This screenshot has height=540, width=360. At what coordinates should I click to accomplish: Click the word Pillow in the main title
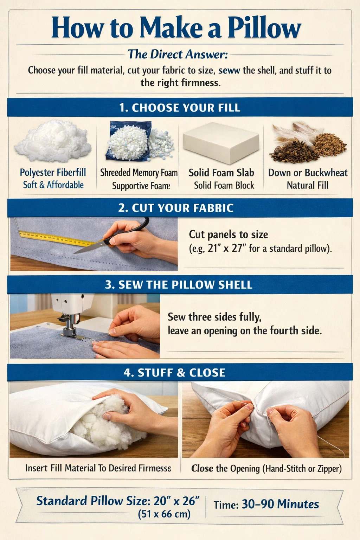(264, 28)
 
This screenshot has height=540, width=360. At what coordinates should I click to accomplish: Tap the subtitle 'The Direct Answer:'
(178, 54)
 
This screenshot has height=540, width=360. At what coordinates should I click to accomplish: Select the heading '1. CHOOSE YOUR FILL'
(180, 108)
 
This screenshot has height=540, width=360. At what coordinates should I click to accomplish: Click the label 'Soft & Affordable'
(53, 185)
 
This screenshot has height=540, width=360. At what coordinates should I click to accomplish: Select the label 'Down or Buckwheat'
(308, 173)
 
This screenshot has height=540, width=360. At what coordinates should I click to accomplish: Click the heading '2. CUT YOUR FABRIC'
(176, 208)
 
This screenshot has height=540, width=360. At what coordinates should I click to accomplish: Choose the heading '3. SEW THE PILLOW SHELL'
(179, 285)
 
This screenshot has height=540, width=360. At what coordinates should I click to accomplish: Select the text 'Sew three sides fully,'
(214, 317)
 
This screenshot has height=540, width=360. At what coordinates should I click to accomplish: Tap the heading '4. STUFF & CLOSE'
(174, 372)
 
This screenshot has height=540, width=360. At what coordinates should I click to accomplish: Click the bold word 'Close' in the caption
(202, 468)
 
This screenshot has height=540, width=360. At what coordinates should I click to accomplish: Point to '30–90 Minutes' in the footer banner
(280, 504)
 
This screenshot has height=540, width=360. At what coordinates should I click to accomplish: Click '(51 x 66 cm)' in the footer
(164, 514)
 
